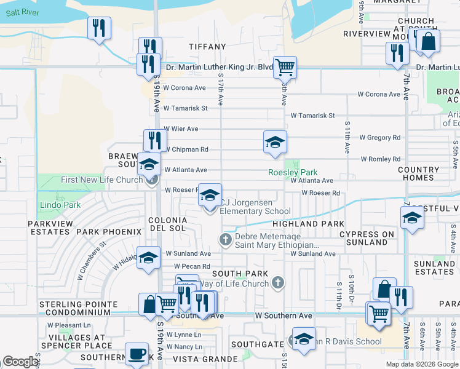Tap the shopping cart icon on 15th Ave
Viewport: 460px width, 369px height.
(x=285, y=66)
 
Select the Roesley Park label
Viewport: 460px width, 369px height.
(x=292, y=173)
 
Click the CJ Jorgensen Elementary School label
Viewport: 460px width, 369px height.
(x=255, y=207)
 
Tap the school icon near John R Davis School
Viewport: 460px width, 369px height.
(x=303, y=339)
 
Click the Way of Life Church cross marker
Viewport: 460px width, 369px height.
(x=278, y=283)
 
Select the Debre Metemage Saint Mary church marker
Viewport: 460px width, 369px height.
(x=226, y=239)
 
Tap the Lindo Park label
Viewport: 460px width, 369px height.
(x=52, y=204)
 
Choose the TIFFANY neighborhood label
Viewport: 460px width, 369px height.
(x=207, y=47)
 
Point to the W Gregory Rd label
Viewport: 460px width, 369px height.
(x=379, y=138)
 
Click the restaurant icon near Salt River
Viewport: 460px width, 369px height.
(x=98, y=28)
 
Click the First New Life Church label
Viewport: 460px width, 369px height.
(x=102, y=180)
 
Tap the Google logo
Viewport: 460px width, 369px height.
(x=20, y=362)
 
